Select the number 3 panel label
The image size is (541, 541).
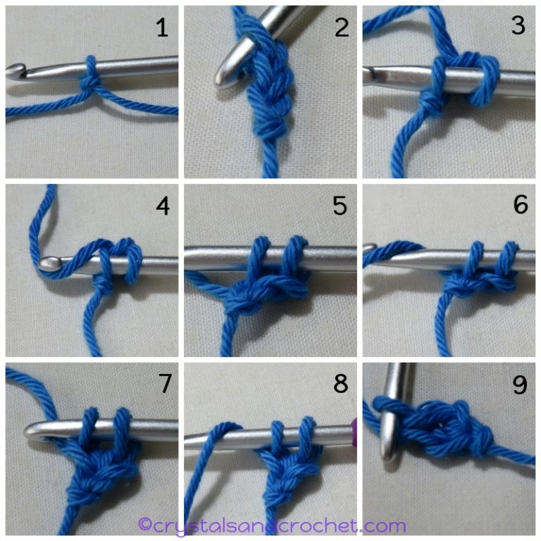pos(518,26)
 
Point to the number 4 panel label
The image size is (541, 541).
pos(162,207)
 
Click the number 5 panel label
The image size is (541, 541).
pos(341,206)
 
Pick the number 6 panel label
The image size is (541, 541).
pos(520,206)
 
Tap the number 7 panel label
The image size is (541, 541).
pos(163,385)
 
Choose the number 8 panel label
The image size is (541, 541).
pos(341,384)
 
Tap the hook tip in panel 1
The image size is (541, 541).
pos(15,70)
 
